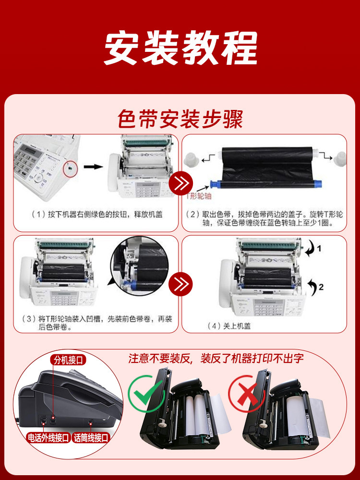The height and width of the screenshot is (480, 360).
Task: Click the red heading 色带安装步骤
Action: tap(180, 119)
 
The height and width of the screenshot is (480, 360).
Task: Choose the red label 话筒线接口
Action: tap(91, 437)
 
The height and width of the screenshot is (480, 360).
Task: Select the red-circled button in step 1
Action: tap(71, 168)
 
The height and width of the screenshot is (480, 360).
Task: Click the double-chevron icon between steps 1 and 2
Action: tap(182, 183)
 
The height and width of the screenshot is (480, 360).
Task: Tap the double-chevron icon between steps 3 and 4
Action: tap(182, 284)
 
